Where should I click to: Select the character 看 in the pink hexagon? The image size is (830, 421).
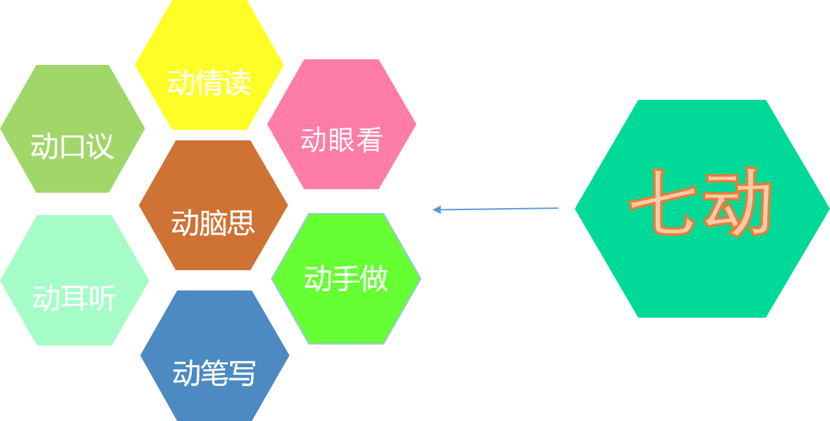tap(370, 140)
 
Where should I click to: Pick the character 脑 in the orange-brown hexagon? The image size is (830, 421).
tap(213, 223)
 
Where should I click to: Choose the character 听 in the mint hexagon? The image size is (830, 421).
tap(102, 300)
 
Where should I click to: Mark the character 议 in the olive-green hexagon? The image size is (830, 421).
tap(100, 147)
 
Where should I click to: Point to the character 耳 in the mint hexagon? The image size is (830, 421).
tap(75, 300)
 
